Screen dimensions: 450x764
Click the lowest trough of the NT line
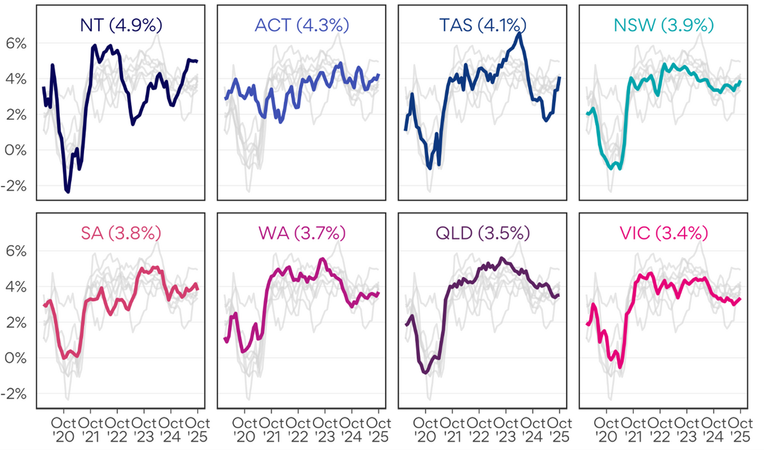click(x=67, y=192)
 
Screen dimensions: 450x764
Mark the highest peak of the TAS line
click(x=519, y=33)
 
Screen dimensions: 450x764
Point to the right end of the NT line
click(x=198, y=61)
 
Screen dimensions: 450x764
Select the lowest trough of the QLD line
click(x=426, y=373)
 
